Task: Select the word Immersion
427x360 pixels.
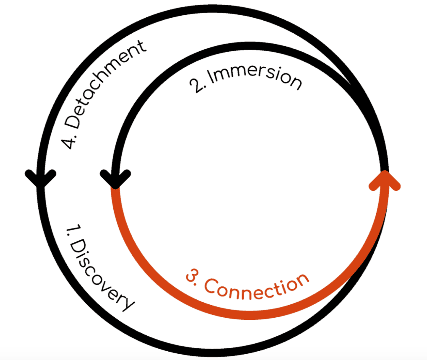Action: point(255,76)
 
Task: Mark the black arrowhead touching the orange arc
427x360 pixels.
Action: point(115,179)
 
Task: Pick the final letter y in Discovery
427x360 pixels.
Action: point(126,303)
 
